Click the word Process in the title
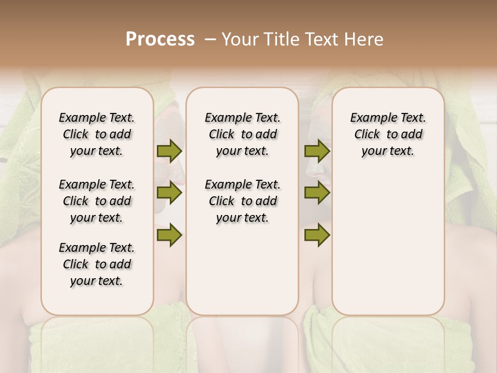click(x=160, y=39)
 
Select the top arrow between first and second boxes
click(x=169, y=151)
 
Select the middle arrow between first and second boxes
click(x=169, y=193)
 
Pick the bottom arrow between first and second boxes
click(x=169, y=235)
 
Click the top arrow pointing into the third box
click(x=317, y=151)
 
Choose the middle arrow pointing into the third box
click(x=317, y=193)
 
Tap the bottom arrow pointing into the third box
click(x=317, y=235)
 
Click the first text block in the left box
click(x=97, y=134)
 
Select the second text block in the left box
click(x=97, y=201)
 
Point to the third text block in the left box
click(x=97, y=264)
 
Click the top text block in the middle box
click(x=242, y=134)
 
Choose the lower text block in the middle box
click(x=242, y=201)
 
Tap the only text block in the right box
click(x=388, y=134)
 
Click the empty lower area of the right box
click(x=388, y=243)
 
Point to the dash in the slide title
click(x=210, y=39)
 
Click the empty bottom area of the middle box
click(x=242, y=275)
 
